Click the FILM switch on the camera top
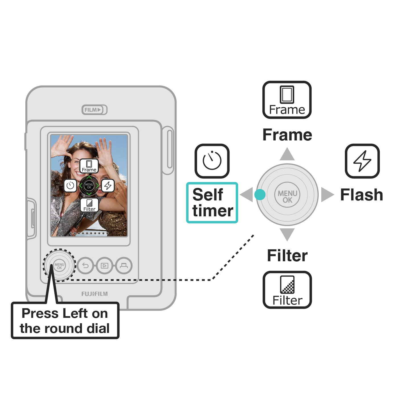[94, 110]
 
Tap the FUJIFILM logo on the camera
[95, 294]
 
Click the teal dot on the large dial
[260, 195]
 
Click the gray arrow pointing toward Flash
[327, 195]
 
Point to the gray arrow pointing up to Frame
[287, 155]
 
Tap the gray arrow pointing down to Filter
[287, 234]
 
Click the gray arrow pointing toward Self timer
[247, 195]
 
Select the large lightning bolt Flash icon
[362, 161]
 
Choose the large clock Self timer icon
[212, 161]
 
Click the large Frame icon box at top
[287, 100]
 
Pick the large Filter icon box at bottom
[287, 290]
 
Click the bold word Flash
[362, 195]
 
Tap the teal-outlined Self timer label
[212, 202]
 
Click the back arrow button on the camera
[85, 266]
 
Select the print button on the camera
[124, 266]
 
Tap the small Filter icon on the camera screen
[89, 205]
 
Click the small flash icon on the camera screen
[108, 186]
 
